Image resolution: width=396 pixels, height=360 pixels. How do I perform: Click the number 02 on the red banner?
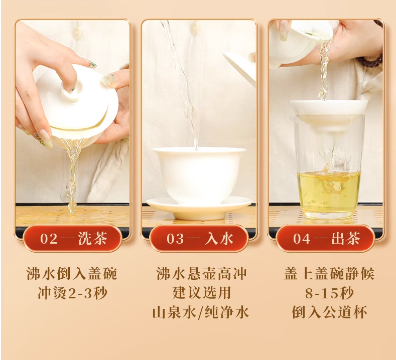[x=49, y=239]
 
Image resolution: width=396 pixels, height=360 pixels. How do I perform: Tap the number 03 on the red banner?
[x=175, y=239]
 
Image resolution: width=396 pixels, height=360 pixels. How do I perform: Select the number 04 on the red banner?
[x=302, y=239]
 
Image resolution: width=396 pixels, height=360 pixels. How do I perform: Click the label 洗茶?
[x=92, y=238]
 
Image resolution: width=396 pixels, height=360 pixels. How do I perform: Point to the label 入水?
[x=219, y=238]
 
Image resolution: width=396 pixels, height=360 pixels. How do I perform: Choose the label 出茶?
[x=345, y=238]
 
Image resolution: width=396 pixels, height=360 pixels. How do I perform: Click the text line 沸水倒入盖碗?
[x=72, y=273]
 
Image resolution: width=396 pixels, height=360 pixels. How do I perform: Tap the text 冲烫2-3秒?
[x=72, y=293]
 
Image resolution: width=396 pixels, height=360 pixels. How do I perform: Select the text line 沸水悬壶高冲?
[x=201, y=273]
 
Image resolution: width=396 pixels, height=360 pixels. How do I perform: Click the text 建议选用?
[x=202, y=293]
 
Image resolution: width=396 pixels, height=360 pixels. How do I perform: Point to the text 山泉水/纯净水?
[x=201, y=312]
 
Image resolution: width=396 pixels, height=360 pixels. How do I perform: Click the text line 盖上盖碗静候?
[x=329, y=273]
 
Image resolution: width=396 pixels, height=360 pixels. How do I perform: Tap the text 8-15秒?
[x=329, y=293]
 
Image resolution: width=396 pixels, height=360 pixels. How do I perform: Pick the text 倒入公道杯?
[x=329, y=312]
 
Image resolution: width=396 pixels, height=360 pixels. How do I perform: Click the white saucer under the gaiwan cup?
[x=199, y=210]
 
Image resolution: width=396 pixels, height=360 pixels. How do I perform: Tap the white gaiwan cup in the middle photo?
[x=199, y=174]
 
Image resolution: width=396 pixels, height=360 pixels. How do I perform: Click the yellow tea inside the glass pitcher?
[x=329, y=193]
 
